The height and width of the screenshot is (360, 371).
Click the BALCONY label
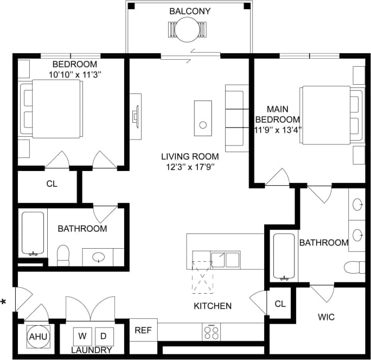click(190, 11)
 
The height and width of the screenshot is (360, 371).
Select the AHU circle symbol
click(38, 337)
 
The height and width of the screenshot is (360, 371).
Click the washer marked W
click(84, 334)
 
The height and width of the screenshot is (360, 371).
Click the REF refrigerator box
click(143, 330)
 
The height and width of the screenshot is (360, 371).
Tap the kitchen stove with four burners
click(211, 331)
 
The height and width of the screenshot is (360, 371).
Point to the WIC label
click(327, 316)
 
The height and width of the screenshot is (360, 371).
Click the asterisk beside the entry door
click(4, 302)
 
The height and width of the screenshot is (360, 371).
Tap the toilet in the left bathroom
click(63, 255)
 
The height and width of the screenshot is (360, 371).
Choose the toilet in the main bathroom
click(355, 267)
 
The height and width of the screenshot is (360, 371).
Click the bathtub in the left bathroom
click(32, 235)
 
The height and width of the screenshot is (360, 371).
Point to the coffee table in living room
click(203, 117)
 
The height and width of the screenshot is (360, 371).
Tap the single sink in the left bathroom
click(99, 257)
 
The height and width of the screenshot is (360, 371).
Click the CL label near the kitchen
click(280, 304)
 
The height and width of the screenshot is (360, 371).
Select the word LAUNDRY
click(92, 350)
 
